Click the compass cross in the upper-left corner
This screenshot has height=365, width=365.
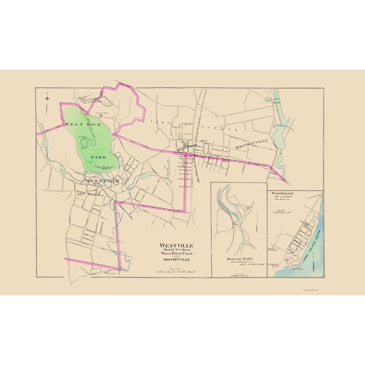pyautogui.click(x=48, y=98)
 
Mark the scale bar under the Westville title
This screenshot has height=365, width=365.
pyautogui.click(x=176, y=271)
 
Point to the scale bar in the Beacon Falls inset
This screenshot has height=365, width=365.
pyautogui.click(x=239, y=274)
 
